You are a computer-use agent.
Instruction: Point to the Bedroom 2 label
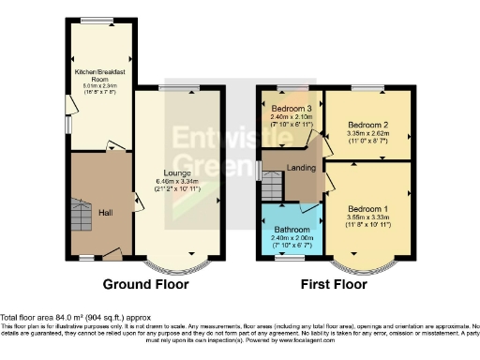(x=367, y=124)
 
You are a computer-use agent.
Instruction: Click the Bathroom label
(x=290, y=229)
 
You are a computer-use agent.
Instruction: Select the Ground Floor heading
(x=145, y=284)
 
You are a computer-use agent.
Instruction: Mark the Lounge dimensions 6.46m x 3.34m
(x=179, y=182)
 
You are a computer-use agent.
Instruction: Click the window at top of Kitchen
(x=94, y=21)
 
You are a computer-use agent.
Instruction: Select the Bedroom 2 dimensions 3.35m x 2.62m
(x=367, y=133)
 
